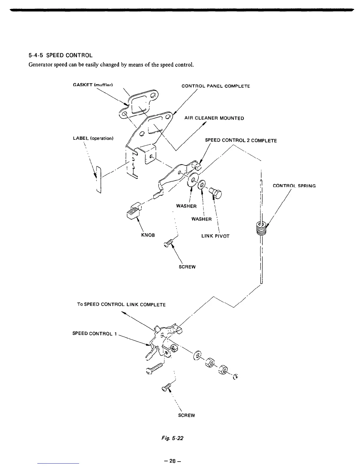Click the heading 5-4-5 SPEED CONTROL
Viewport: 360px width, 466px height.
[61, 55]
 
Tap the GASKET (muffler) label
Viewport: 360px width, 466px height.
[93, 85]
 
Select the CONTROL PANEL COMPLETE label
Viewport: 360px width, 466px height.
[216, 86]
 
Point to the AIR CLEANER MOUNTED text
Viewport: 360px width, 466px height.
[214, 118]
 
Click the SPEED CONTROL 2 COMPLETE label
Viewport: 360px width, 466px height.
[241, 141]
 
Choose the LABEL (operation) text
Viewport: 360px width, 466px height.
[93, 138]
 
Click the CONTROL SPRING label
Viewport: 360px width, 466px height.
[294, 186]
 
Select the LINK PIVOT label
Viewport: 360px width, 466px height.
[215, 236]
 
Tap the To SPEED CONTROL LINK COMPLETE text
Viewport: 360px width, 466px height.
[121, 304]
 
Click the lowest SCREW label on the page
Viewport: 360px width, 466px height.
[186, 415]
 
